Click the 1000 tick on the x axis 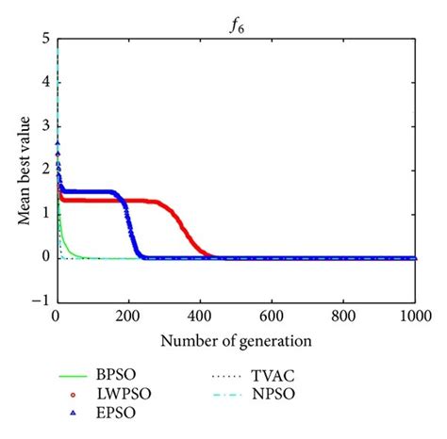click(x=415, y=317)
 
